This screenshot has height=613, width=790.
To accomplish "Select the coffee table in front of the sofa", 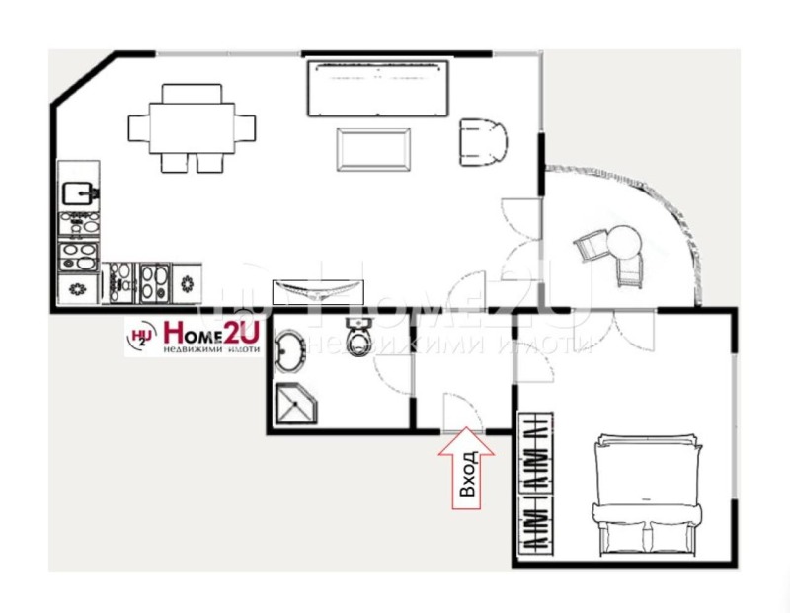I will pyautogui.click(x=373, y=150).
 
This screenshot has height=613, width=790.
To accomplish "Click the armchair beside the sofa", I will pyautogui.click(x=483, y=141).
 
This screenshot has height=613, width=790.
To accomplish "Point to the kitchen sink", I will pyautogui.click(x=78, y=192).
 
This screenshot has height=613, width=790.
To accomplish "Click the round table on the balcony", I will pyautogui.click(x=624, y=240).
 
